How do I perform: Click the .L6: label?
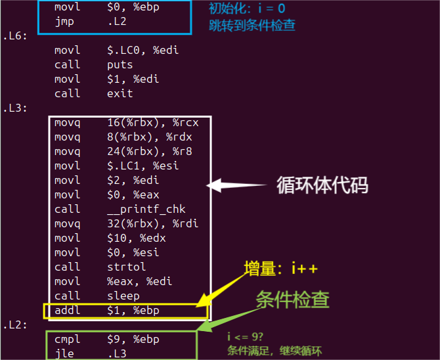coord(14,35)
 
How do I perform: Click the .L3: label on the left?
coord(14,108)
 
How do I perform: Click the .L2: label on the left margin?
coord(14,325)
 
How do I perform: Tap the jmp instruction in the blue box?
coord(64,22)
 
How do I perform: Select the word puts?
coord(120,64)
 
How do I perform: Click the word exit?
coord(120,93)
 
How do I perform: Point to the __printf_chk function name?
coord(146,209)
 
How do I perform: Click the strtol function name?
coord(126,267)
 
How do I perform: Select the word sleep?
coord(123,296)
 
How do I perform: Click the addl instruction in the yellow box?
coord(67,310)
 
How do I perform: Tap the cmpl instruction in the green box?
coord(67,340)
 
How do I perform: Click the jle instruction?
coord(64,353)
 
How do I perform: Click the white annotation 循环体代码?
coord(322,186)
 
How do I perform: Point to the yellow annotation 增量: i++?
coord(282,269)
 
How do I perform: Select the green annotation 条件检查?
coord(292,300)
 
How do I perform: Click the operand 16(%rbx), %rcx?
coord(152,122)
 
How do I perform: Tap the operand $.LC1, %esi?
coord(143,166)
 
